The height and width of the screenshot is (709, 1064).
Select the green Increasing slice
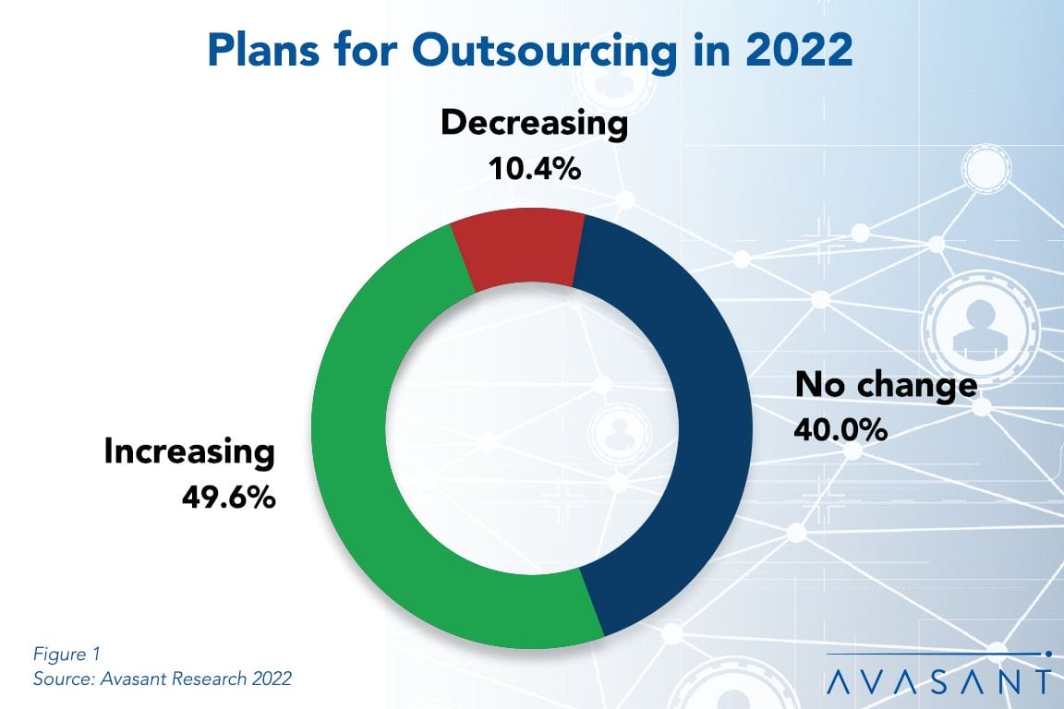369,480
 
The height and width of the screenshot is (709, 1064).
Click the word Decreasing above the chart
534,124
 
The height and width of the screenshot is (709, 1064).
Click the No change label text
886,385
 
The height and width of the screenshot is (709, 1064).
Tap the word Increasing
189,452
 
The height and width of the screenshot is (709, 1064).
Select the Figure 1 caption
66,655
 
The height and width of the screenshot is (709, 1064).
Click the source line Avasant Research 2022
163,679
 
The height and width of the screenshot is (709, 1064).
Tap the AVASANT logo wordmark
937,680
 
